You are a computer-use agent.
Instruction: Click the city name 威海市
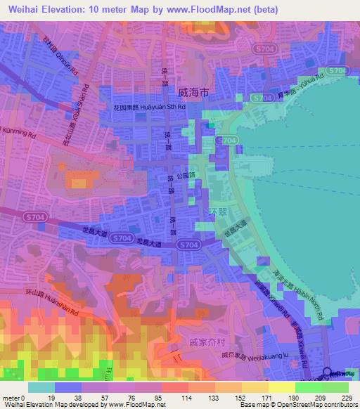tap(194, 93)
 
